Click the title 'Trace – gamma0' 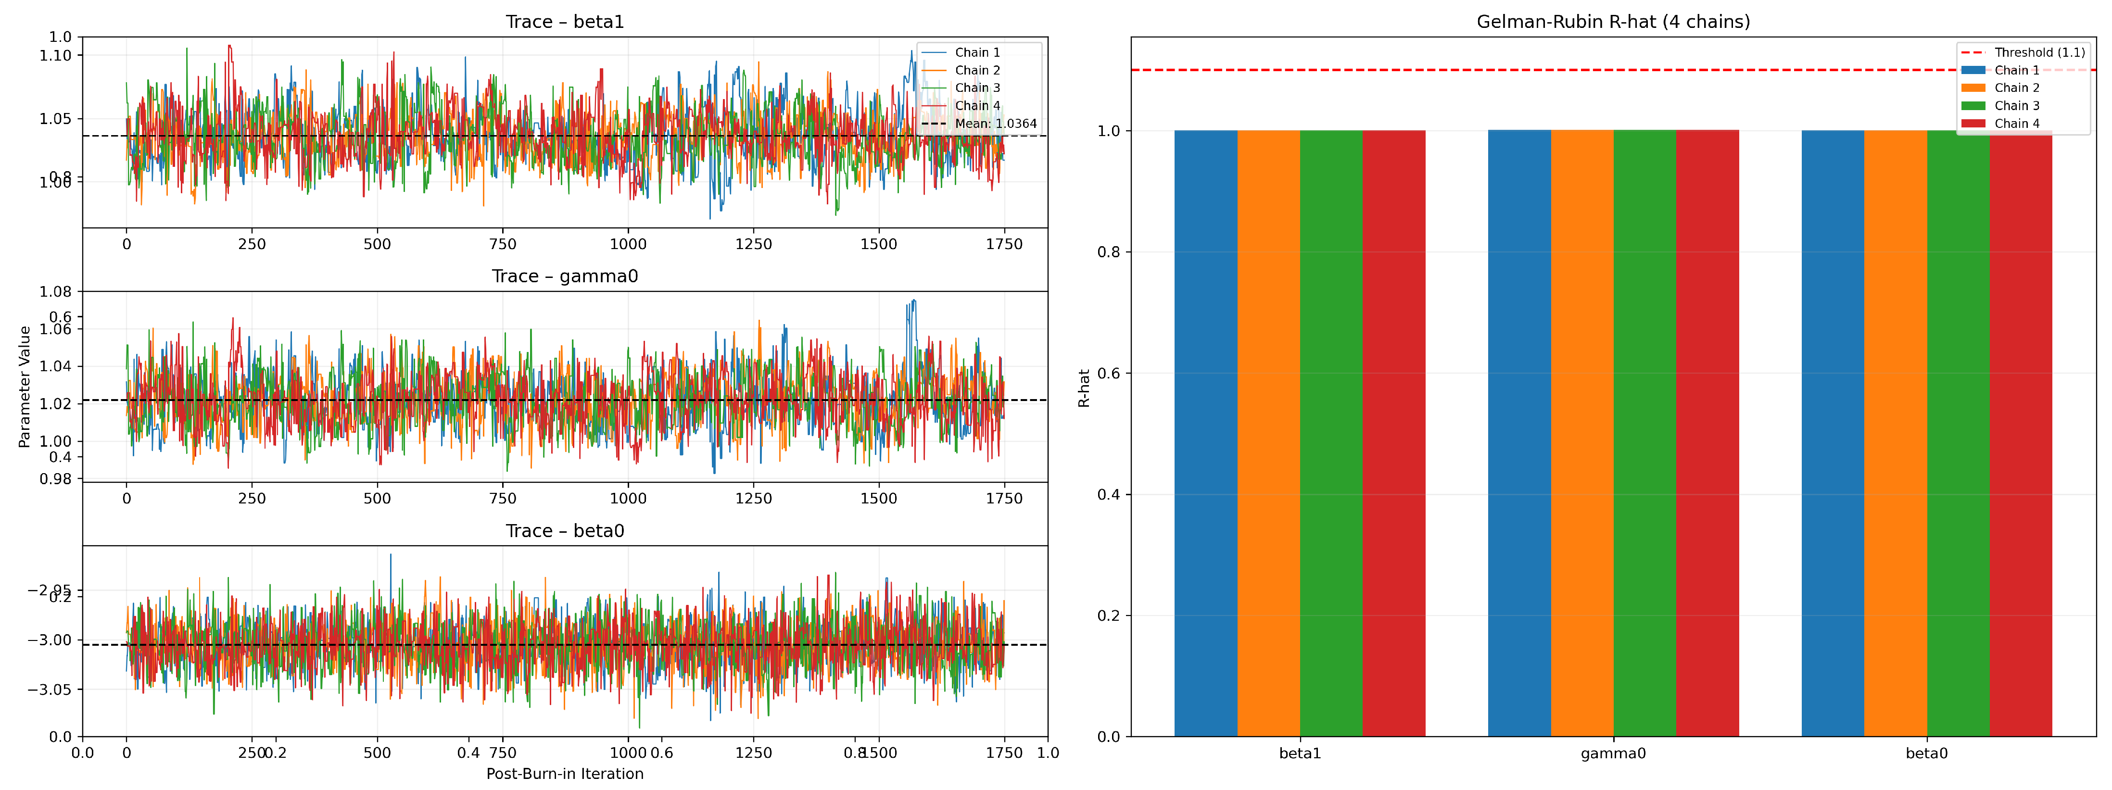point(564,276)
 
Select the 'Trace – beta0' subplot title point(564,531)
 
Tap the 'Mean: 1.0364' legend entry point(995,124)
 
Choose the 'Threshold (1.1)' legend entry point(2038,52)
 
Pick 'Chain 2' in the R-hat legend point(2016,88)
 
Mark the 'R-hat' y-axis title point(1084,388)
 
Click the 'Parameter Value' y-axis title point(25,387)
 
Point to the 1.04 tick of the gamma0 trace point(56,366)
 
